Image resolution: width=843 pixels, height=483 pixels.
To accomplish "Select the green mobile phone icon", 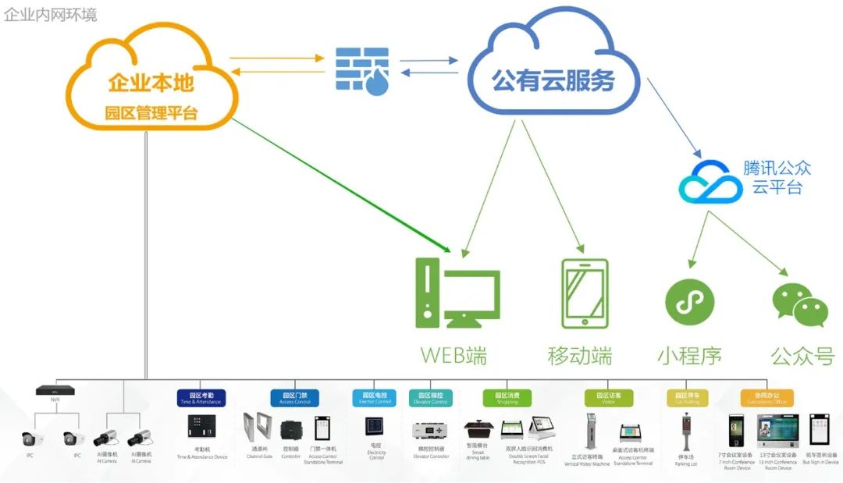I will click(x=584, y=293).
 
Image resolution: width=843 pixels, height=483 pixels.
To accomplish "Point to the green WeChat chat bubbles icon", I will click(x=799, y=304).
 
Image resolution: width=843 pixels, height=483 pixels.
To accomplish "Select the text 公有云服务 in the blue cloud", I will click(x=553, y=80).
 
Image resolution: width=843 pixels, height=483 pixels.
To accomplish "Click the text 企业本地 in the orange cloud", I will click(x=151, y=83).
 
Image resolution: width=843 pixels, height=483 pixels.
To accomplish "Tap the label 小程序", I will click(x=689, y=356).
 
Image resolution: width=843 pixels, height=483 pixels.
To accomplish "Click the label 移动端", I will click(x=579, y=356).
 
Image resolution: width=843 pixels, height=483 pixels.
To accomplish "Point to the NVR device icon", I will click(x=55, y=390).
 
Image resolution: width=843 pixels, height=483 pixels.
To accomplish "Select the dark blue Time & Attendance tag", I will click(x=201, y=398).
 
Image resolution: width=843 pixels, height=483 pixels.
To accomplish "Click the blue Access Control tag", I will click(x=295, y=398).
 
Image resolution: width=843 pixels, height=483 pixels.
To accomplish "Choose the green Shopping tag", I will click(x=507, y=398).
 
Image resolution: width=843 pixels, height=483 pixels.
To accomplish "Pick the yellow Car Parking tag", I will click(x=687, y=398).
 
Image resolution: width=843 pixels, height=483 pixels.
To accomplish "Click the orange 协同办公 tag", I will click(x=766, y=398).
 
